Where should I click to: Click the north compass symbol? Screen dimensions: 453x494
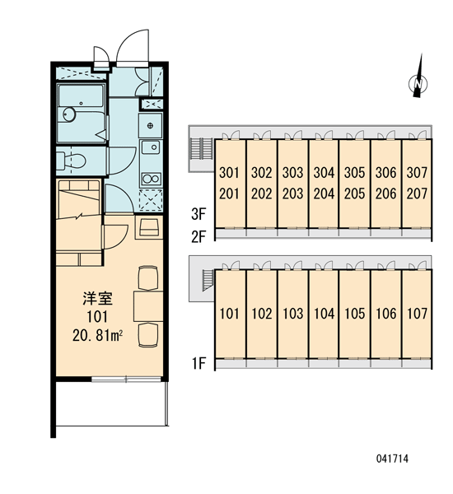(x=418, y=82)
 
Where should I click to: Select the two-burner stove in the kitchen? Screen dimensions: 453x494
(x=151, y=179)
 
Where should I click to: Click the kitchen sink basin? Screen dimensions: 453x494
(x=151, y=147)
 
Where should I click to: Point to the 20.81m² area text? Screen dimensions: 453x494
(x=97, y=336)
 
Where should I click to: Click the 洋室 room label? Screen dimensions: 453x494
(x=97, y=298)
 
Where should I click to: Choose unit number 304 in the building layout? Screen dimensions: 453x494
(x=324, y=172)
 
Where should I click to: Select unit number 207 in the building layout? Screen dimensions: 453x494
(x=417, y=193)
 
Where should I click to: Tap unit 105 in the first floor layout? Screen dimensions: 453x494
(x=355, y=313)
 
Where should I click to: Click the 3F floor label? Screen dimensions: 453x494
(x=198, y=214)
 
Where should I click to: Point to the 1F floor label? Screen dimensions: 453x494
(x=199, y=363)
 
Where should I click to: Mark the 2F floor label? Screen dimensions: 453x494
(x=198, y=236)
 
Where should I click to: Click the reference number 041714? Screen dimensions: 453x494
(x=392, y=459)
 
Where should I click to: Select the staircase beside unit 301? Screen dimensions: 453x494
(x=201, y=149)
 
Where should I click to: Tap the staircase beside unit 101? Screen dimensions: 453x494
(x=207, y=279)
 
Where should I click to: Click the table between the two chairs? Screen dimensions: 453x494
(x=148, y=306)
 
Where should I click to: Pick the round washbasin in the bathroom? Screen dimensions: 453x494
(x=69, y=114)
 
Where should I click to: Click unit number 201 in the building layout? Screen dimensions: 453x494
(x=229, y=193)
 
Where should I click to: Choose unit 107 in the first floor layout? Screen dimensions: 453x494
(x=417, y=313)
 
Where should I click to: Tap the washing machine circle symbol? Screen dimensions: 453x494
(x=151, y=126)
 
